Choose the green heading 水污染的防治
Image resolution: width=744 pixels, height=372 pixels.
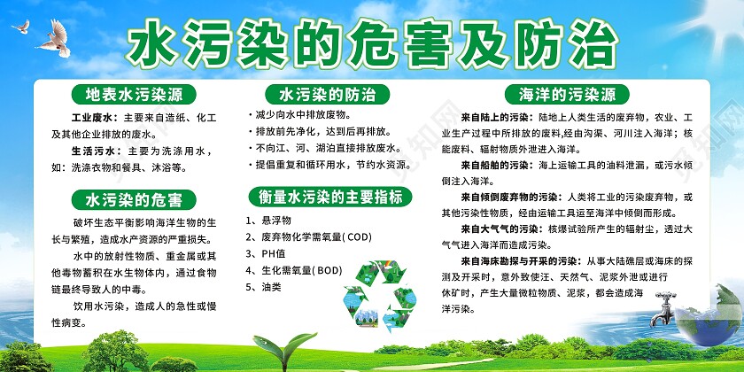tap(327, 93)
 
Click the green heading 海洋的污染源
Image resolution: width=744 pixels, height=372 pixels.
tap(572, 93)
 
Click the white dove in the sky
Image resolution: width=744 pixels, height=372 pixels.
tap(54, 35)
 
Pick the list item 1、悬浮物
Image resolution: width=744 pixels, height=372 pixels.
tap(267, 220)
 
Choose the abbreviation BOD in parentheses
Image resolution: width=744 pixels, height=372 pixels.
tap(326, 270)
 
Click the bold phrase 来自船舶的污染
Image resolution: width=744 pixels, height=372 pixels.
tap(497, 166)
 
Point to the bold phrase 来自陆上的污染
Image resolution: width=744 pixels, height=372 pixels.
tap(497, 117)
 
